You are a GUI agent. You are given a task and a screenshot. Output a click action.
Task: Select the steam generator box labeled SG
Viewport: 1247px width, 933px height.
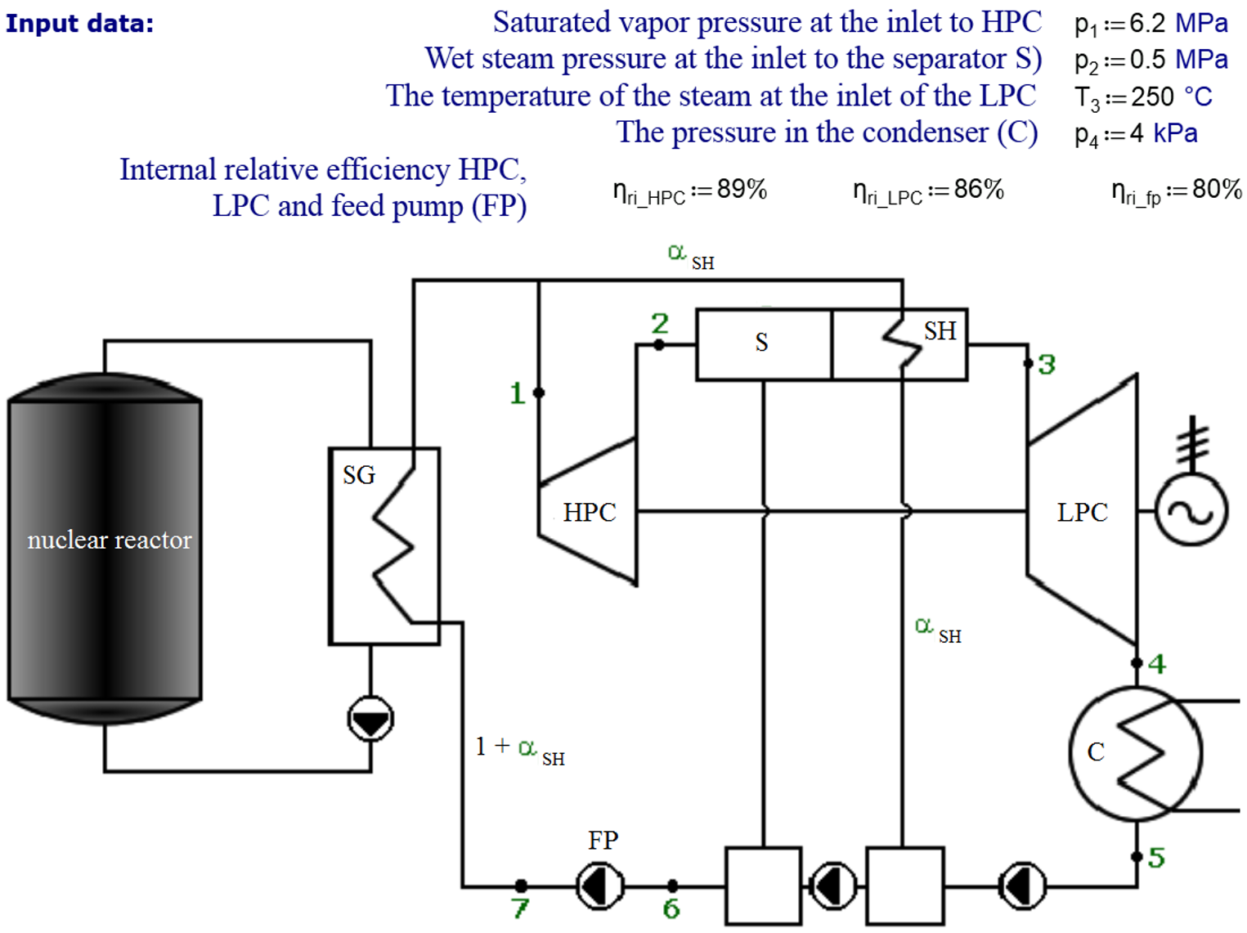(384, 545)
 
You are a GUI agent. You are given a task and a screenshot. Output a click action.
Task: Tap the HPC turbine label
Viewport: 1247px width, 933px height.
(589, 513)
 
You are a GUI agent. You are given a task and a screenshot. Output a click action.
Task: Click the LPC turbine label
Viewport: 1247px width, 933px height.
(1082, 513)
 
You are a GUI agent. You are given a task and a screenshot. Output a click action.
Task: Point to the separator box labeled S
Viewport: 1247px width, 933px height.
(763, 344)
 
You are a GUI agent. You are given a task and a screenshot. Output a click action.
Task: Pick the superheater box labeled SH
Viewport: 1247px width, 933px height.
(899, 344)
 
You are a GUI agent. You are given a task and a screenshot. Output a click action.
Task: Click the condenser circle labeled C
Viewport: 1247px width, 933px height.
(1135, 752)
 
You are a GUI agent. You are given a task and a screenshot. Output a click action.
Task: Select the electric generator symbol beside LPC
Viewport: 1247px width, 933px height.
(1191, 511)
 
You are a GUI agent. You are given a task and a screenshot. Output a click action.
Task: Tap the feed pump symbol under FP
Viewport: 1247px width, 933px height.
(600, 886)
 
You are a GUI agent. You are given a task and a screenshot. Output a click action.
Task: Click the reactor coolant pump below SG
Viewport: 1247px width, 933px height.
(370, 720)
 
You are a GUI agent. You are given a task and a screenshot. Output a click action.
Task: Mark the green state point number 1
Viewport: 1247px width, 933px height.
(517, 393)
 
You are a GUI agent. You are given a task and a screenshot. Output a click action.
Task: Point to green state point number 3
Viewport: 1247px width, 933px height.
(1047, 365)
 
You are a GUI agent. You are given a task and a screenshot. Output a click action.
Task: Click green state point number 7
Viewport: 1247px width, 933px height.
(520, 908)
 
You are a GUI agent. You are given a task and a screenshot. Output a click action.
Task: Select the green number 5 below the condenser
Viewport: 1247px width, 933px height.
(1156, 858)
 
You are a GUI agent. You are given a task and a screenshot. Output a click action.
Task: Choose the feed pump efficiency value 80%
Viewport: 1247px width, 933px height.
(1217, 190)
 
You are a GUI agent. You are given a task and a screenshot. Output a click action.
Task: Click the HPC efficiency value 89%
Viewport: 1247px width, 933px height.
(742, 190)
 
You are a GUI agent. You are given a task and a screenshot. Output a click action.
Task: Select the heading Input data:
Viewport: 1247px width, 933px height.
(79, 24)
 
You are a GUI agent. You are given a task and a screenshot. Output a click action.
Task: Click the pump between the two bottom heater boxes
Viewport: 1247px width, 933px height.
(832, 886)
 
